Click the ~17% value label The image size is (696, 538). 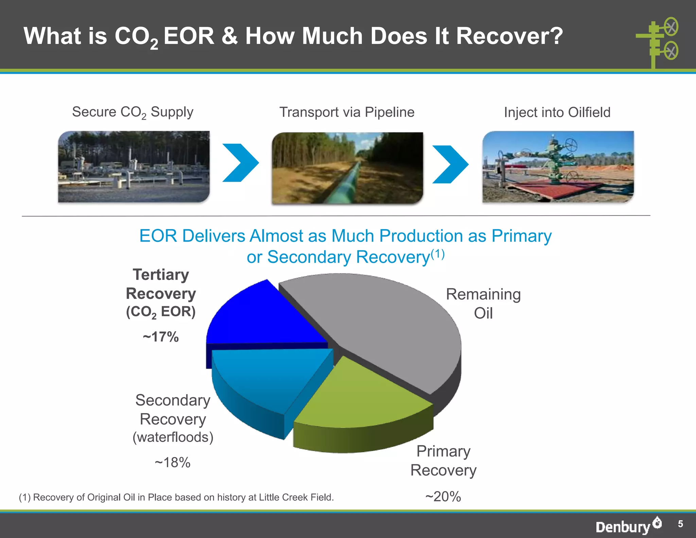point(161,337)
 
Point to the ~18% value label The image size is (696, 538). point(173,463)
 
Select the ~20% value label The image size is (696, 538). point(443,497)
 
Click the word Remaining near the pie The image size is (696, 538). point(483,295)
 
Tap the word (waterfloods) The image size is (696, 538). point(173,437)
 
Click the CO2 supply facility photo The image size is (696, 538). point(134,167)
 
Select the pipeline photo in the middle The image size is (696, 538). point(347,168)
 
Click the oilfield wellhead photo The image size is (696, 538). point(558,167)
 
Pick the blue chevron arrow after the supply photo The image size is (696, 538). point(241,163)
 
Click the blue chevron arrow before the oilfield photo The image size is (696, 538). point(450,164)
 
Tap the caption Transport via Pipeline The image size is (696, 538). point(347,112)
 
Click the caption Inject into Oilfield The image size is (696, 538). point(557,113)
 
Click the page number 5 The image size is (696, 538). point(680,524)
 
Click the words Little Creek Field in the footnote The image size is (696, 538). point(296,497)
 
